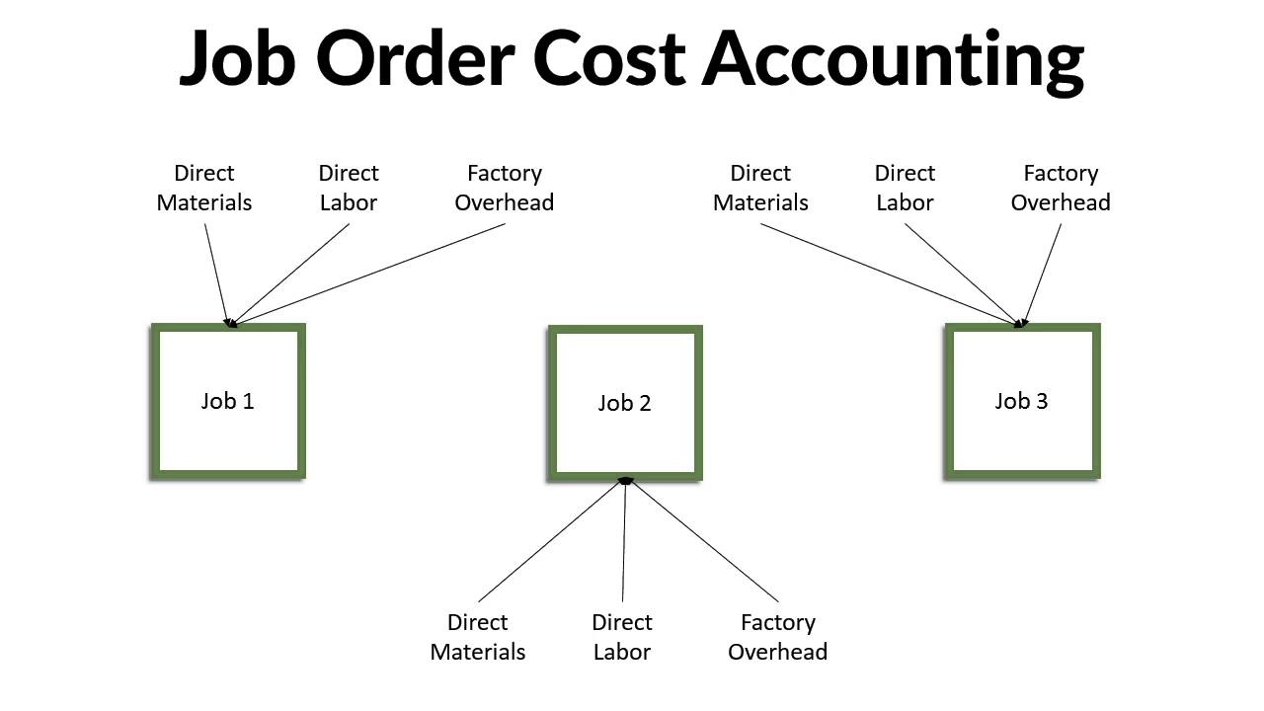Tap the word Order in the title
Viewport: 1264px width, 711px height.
[x=416, y=57]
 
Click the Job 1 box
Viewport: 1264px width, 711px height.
[x=228, y=401]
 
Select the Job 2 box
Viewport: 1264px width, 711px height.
[x=625, y=403]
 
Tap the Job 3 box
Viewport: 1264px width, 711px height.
[x=1022, y=401]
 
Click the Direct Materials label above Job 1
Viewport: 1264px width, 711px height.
[x=204, y=188]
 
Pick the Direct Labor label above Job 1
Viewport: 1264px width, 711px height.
[x=349, y=188]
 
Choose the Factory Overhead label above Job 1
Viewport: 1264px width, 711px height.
[x=505, y=188]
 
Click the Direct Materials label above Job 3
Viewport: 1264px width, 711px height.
[x=760, y=188]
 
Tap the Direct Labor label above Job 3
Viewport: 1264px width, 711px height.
[x=905, y=188]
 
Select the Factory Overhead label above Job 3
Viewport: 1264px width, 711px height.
[x=1061, y=188]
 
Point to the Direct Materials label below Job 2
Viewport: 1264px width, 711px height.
[x=478, y=637]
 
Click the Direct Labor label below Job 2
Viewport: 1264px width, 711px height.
[x=622, y=637]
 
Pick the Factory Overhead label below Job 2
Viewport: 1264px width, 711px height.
[x=778, y=637]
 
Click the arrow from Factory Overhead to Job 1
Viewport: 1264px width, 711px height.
[x=370, y=274]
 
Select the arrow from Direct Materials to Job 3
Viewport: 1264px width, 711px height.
[x=889, y=274]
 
